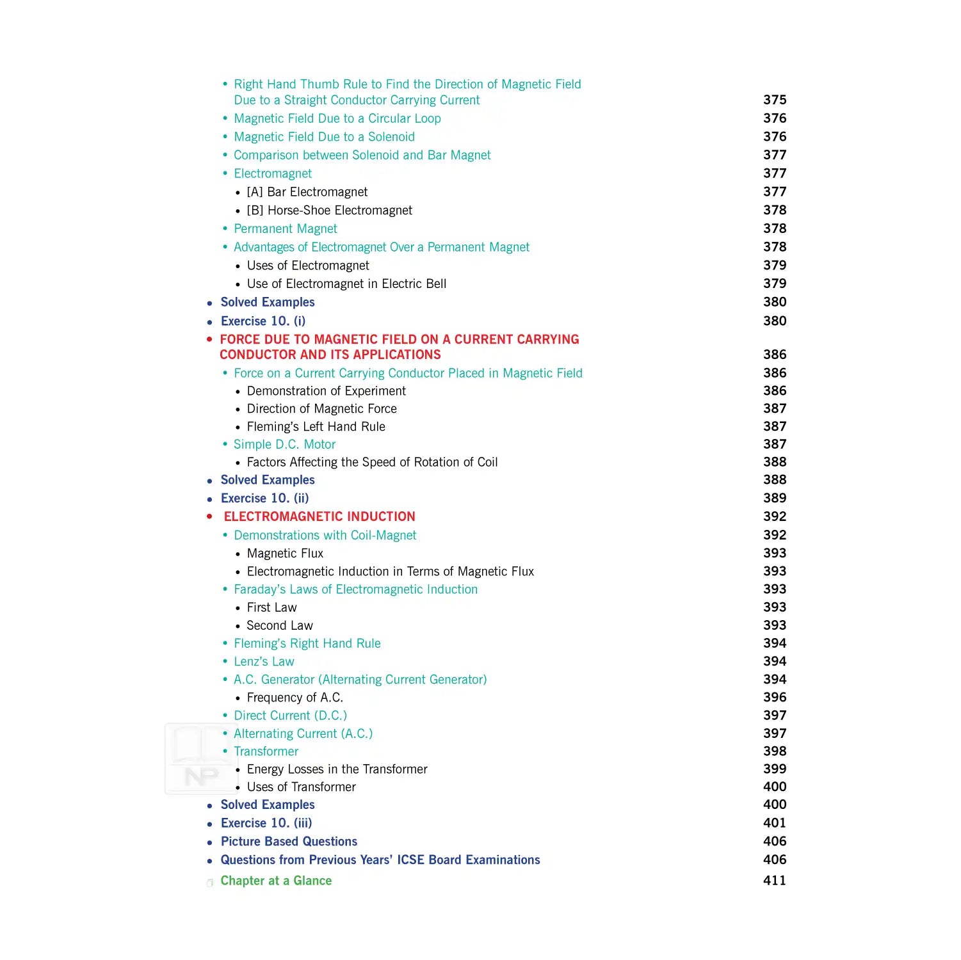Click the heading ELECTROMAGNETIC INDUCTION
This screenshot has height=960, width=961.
coord(319,516)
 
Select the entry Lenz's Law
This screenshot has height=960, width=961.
coord(264,661)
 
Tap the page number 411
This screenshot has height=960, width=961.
coord(774,880)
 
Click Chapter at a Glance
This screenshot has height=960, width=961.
coord(276,881)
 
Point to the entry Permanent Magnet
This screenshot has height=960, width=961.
coord(285,228)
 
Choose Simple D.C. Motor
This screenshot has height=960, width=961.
coord(284,444)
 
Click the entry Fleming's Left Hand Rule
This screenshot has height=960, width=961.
coord(316,426)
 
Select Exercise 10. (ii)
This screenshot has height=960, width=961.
coord(264,498)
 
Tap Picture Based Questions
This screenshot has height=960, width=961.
coord(289,841)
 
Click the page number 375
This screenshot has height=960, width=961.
coord(774,100)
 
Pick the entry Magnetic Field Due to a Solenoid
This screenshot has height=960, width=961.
coord(324,136)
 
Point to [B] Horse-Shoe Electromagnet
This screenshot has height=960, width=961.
coord(329,210)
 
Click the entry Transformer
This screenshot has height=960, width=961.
coord(266,751)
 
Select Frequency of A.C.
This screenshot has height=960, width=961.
coord(295,697)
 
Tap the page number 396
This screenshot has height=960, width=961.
coord(774,697)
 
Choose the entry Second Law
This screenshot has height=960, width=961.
coord(279,625)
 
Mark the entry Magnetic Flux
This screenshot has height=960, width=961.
coord(285,553)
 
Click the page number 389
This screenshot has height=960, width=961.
coord(774,498)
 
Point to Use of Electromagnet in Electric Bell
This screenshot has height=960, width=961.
coord(346,284)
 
